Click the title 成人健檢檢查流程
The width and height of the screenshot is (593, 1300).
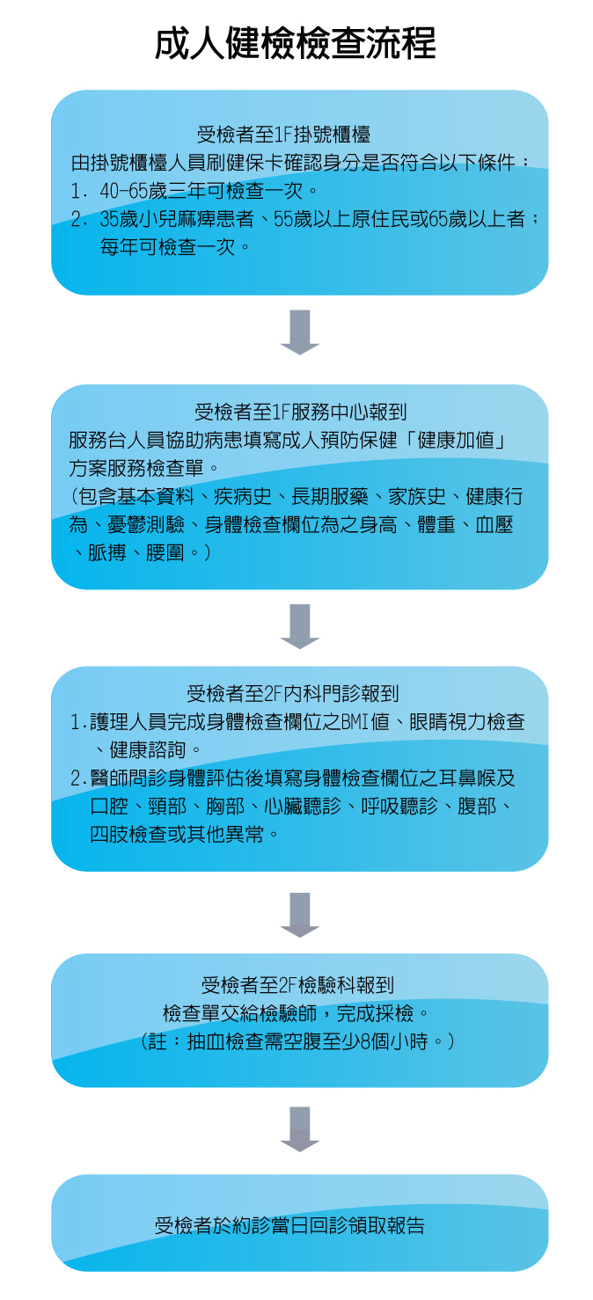(295, 43)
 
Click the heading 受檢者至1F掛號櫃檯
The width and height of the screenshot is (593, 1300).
(283, 135)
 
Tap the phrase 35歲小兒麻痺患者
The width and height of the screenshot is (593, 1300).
(177, 219)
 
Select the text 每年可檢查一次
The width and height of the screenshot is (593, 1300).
(167, 247)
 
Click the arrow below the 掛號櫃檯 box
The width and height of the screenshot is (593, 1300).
(300, 332)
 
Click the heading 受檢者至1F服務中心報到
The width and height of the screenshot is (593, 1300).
(300, 412)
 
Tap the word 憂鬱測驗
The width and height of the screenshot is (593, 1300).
(146, 524)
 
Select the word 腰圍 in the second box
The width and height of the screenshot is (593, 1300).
(165, 552)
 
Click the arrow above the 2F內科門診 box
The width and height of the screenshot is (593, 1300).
(300, 626)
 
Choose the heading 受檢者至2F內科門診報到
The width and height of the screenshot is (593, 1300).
(293, 693)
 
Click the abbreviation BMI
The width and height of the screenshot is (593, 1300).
(355, 721)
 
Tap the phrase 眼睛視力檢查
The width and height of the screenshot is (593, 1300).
(467, 721)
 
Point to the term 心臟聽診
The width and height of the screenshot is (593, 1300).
(303, 806)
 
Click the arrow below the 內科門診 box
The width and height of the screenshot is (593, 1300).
(300, 915)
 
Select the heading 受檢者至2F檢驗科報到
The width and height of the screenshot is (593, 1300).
(297, 985)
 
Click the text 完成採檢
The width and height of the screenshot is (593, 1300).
(375, 1013)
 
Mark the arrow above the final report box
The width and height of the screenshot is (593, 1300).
(300, 1128)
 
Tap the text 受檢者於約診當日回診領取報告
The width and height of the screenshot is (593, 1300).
(289, 1226)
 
